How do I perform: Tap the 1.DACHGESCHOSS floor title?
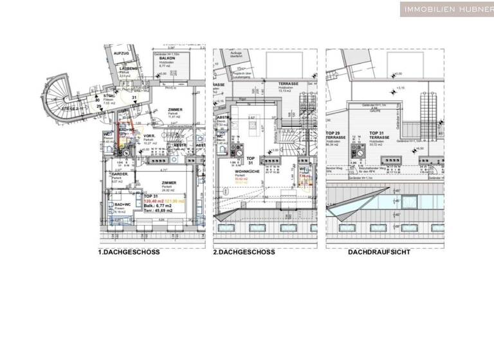(129, 252)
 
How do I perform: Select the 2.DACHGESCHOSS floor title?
(244, 252)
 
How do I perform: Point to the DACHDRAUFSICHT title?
(379, 252)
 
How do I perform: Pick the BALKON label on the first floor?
(168, 58)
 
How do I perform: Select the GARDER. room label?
(120, 174)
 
